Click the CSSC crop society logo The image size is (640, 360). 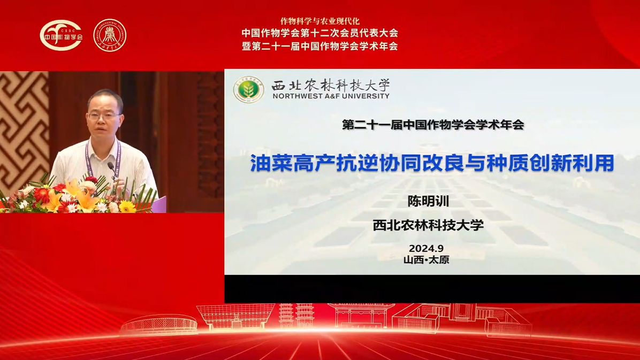point(61,35)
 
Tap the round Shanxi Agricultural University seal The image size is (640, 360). point(110,35)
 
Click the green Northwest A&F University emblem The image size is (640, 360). point(249,89)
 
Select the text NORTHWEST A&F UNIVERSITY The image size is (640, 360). point(331,96)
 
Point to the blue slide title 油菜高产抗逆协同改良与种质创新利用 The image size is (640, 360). point(432,163)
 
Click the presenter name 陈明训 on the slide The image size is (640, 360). point(428,201)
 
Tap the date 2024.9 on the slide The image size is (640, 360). point(426,248)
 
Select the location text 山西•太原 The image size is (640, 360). point(426,259)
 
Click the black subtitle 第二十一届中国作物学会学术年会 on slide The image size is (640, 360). point(433,125)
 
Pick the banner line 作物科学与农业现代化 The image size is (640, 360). point(319,21)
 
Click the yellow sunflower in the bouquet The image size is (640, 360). point(127,206)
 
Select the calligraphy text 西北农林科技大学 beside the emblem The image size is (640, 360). point(331,85)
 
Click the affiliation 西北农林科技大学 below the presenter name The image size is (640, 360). point(428,225)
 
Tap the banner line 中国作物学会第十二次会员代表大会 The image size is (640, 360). point(319,33)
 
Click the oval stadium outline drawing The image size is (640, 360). point(159,324)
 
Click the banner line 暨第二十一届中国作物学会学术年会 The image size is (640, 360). point(319,46)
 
